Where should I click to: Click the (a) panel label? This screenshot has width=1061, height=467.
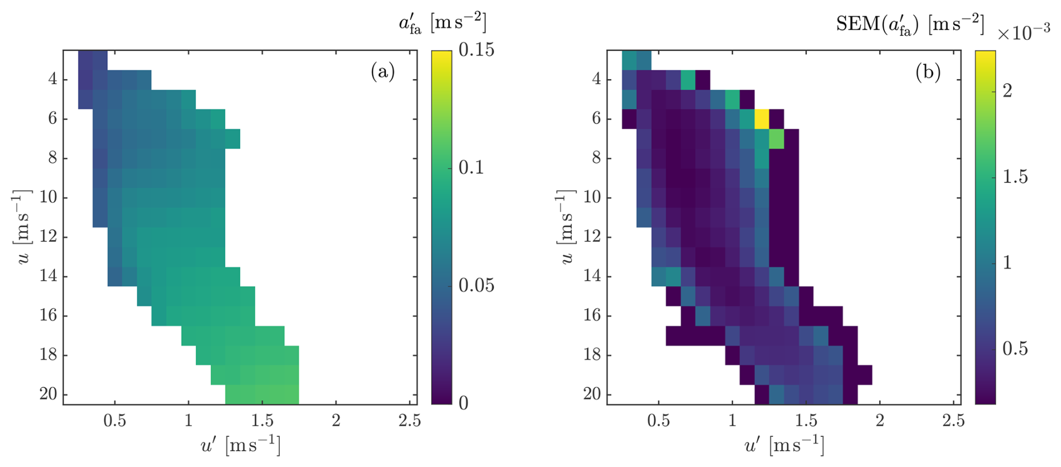tap(382, 72)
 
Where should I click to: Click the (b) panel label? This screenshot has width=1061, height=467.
tap(928, 72)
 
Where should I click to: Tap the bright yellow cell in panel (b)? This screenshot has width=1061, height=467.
tap(761, 119)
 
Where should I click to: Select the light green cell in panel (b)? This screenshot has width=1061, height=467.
tap(776, 139)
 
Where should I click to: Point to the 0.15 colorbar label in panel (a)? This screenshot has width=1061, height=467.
tap(476, 50)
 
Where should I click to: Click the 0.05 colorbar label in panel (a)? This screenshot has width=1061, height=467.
tap(476, 285)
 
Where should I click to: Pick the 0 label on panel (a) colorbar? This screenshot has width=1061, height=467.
tap(463, 403)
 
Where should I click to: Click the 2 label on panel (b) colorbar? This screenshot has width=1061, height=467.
tap(1007, 90)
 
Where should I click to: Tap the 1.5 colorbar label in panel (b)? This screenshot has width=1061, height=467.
tap(1015, 177)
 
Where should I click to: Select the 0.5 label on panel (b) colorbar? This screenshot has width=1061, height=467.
tap(1015, 349)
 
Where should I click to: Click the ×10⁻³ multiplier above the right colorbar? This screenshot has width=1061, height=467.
tap(1023, 33)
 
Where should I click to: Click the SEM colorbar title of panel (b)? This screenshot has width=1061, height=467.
tap(910, 24)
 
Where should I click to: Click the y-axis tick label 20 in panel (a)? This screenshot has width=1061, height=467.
tap(49, 394)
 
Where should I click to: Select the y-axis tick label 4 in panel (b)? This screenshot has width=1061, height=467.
tap(597, 79)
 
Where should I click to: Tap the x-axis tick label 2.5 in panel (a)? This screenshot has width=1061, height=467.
tap(409, 421)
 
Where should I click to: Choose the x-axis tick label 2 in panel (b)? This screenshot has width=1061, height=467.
tap(880, 421)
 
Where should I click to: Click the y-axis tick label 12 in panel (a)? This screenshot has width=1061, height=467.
tap(49, 237)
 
